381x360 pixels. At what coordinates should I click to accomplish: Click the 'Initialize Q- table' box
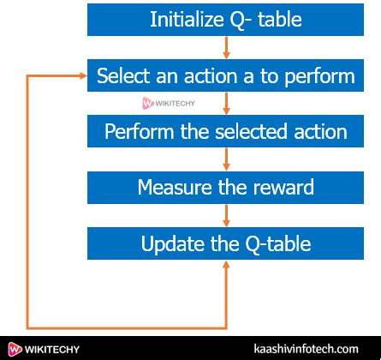click(225, 19)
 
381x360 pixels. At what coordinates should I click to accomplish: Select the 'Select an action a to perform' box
click(225, 75)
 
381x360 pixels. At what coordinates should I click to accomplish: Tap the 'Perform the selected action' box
click(225, 132)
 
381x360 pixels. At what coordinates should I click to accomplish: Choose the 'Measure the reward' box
click(225, 187)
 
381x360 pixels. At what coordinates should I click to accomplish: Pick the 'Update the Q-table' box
click(225, 243)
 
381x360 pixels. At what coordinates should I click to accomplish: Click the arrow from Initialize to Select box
click(226, 48)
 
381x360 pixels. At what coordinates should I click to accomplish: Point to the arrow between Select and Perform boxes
click(226, 104)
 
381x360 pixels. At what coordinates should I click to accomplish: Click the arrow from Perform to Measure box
click(226, 159)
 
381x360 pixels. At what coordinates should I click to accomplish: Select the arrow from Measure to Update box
click(226, 215)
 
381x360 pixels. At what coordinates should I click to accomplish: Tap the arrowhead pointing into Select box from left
click(83, 76)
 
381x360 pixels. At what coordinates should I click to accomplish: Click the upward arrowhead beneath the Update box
click(226, 267)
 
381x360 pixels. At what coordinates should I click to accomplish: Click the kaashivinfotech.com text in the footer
click(306, 349)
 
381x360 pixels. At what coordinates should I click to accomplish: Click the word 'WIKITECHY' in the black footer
click(53, 349)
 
